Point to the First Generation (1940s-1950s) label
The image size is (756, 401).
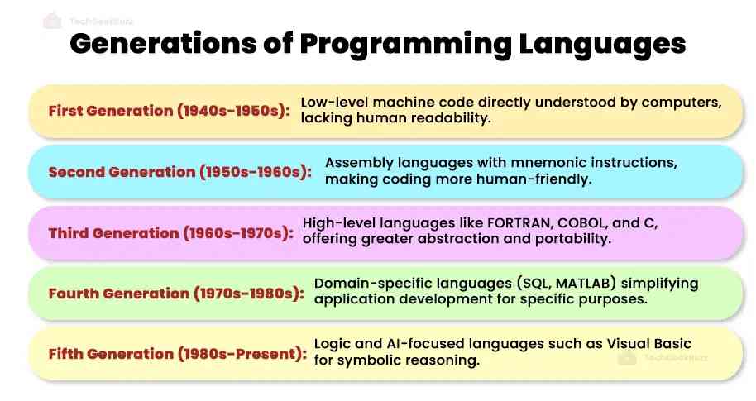[x=170, y=111]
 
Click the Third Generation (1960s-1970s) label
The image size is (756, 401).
[x=171, y=233]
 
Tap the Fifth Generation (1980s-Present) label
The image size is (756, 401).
[x=178, y=354]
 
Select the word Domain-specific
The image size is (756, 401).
[x=364, y=284]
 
